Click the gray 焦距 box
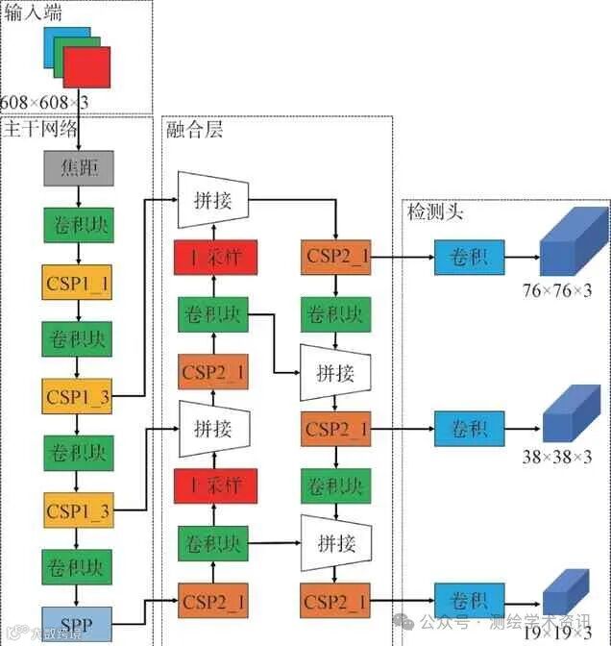pos(79,168)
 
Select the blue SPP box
pos(77,624)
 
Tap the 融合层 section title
pos(194,129)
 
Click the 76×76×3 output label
pos(557,290)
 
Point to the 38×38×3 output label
pos(557,458)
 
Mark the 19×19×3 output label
pos(557,632)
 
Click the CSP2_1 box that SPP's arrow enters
pos(212,602)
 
